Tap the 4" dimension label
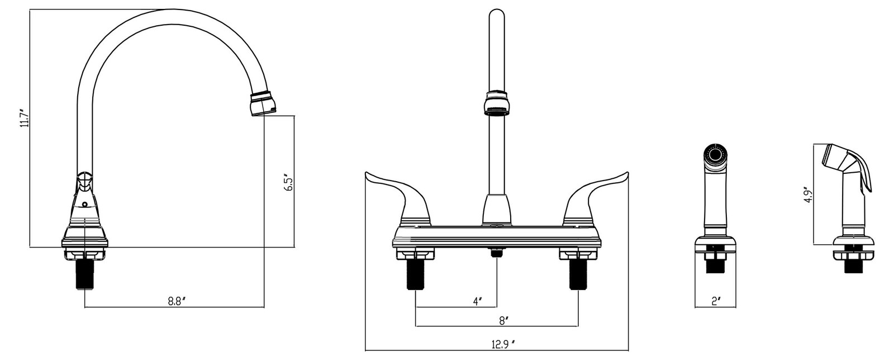(x=477, y=301)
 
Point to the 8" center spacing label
(x=503, y=321)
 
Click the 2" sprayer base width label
(x=716, y=301)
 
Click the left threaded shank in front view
(x=415, y=274)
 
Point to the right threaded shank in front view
(x=578, y=274)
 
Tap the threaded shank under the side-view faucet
(x=84, y=274)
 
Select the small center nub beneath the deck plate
(x=496, y=253)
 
